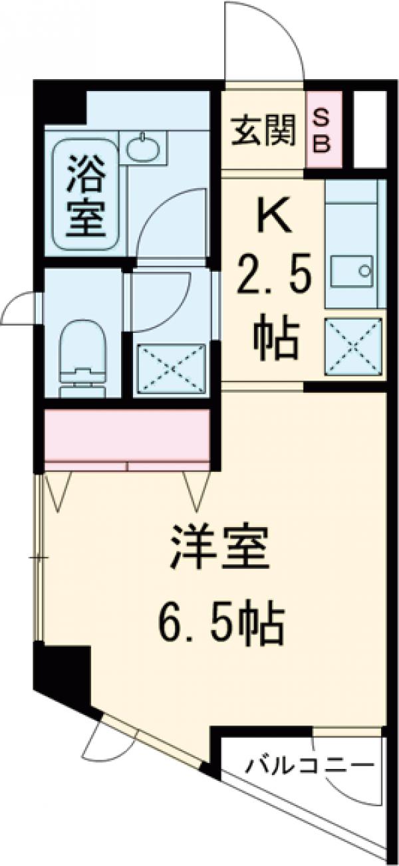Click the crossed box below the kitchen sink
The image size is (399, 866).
pyautogui.click(x=355, y=347)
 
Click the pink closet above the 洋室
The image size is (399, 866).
pyautogui.click(x=126, y=435)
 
